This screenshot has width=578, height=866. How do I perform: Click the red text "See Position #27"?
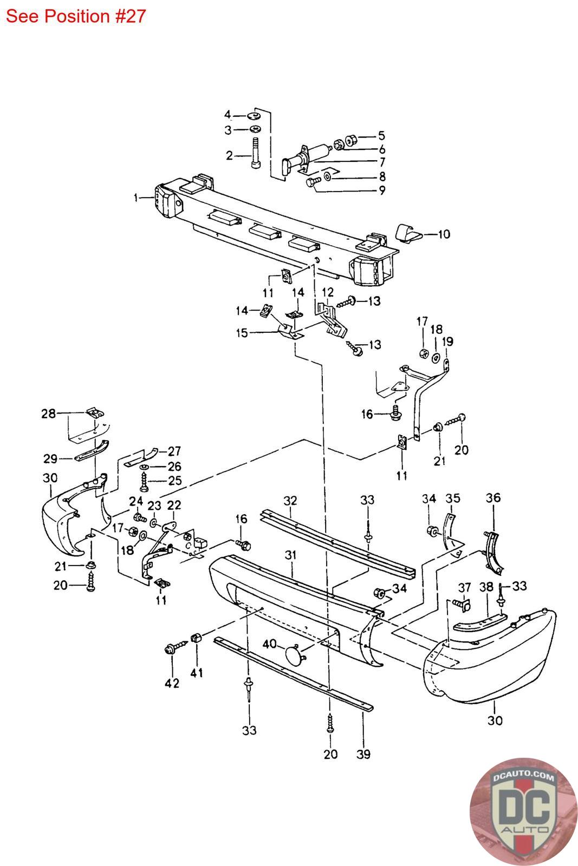pyautogui.click(x=76, y=16)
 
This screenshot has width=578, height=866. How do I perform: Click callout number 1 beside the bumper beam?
pyautogui.click(x=136, y=198)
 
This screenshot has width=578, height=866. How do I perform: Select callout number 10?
pyautogui.click(x=444, y=234)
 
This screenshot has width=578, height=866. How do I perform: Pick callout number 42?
pyautogui.click(x=172, y=684)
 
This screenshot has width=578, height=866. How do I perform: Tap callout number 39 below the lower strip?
pyautogui.click(x=364, y=754)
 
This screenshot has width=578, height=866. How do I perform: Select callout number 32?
pyautogui.click(x=290, y=500)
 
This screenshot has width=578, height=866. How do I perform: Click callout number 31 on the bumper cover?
pyautogui.click(x=291, y=555)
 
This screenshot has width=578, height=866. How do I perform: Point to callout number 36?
pyautogui.click(x=493, y=497)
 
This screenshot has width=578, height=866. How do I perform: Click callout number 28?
pyautogui.click(x=49, y=414)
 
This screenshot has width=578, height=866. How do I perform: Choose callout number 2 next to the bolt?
pyautogui.click(x=229, y=156)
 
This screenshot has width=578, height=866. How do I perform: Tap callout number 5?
pyautogui.click(x=381, y=135)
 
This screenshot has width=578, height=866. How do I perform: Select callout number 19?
pyautogui.click(x=447, y=342)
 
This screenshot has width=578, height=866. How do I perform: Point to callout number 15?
pyautogui.click(x=242, y=333)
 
